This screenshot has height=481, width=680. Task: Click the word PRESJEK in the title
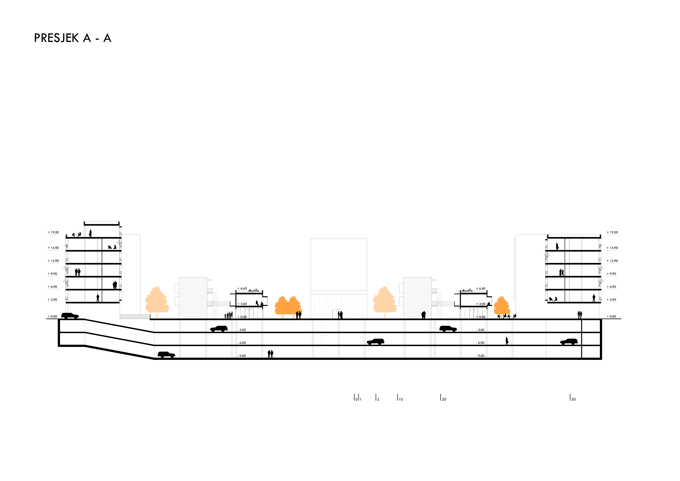click(x=56, y=38)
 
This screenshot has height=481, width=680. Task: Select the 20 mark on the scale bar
click(x=443, y=399)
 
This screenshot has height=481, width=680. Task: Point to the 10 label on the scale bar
click(x=400, y=399)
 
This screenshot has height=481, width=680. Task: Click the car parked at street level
click(x=70, y=316)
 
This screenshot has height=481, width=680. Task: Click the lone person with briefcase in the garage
click(x=507, y=341)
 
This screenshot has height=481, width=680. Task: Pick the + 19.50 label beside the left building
click(x=53, y=232)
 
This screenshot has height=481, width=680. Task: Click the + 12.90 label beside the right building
click(x=612, y=261)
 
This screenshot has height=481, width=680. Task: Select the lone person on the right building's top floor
click(x=557, y=246)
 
